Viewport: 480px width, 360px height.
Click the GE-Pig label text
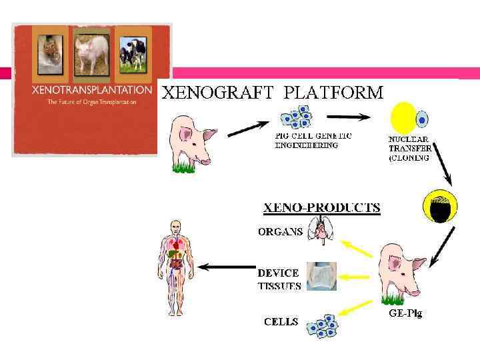pyautogui.click(x=405, y=313)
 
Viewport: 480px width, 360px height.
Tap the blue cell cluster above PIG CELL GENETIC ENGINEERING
pyautogui.click(x=297, y=117)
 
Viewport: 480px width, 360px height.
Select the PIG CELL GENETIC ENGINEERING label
pyautogui.click(x=314, y=140)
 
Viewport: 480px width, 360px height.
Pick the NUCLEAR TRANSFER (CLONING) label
pyautogui.click(x=409, y=149)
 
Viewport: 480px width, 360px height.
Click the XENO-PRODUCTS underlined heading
pyautogui.click(x=321, y=207)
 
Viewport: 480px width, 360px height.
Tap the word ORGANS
pyautogui.click(x=280, y=233)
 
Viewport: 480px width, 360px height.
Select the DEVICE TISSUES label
pyautogui.click(x=279, y=279)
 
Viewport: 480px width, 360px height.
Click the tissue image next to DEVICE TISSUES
pyautogui.click(x=321, y=276)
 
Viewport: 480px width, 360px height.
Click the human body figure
pyautogui.click(x=175, y=267)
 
